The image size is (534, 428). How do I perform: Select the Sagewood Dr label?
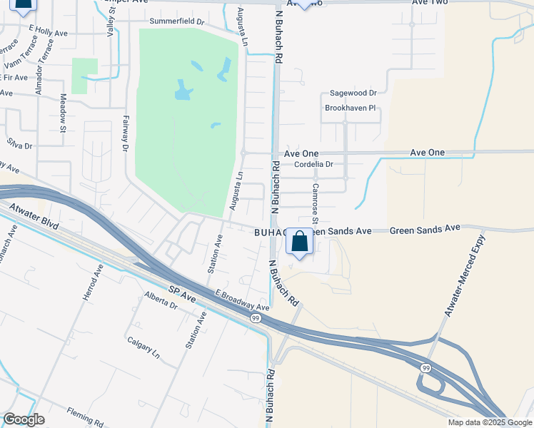(x=353, y=93)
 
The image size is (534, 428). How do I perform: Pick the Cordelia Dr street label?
(x=313, y=165)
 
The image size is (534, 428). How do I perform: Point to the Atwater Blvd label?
(x=34, y=217)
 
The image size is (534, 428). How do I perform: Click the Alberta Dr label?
(x=160, y=300)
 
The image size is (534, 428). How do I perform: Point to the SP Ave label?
(x=182, y=291)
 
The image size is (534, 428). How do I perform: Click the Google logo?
(x=24, y=419)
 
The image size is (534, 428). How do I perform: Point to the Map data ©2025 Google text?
(x=489, y=422)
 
